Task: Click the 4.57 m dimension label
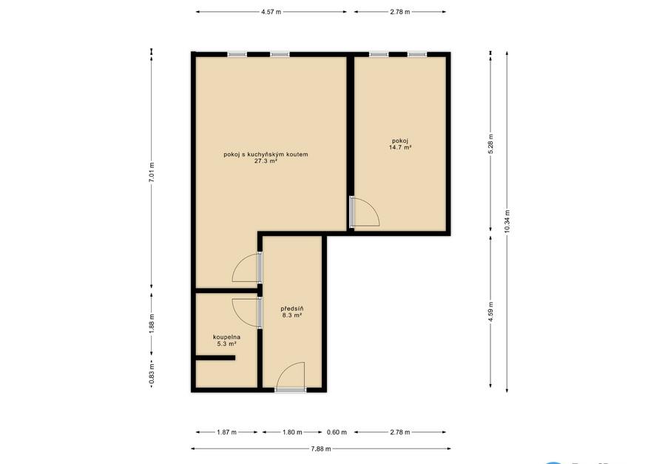tap(271, 12)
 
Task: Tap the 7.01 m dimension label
tap(152, 172)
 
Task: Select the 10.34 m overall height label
tap(507, 221)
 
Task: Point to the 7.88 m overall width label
tap(321, 448)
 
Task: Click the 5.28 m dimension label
tap(490, 144)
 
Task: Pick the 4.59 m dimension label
tap(490, 312)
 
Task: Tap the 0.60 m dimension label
tap(337, 432)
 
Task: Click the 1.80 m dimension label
tap(292, 432)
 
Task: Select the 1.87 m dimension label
tap(227, 432)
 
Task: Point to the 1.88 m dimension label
tap(152, 323)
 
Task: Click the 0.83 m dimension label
tap(152, 376)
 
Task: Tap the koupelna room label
tap(227, 337)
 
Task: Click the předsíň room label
tap(292, 309)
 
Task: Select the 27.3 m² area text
tap(266, 161)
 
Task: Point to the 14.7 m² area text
tap(400, 147)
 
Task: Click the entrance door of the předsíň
tap(291, 377)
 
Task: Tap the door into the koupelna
tap(247, 313)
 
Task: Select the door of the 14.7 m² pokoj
tap(365, 212)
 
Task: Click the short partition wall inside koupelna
tap(215, 358)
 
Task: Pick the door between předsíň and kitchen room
tap(247, 267)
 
